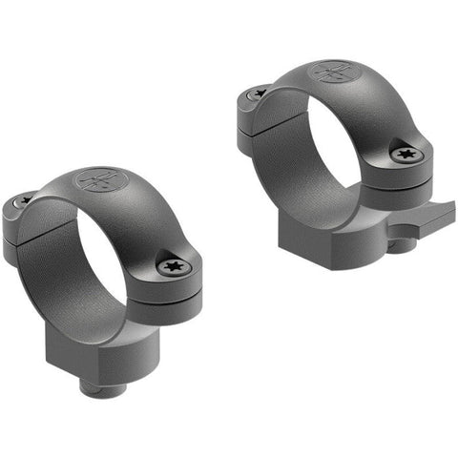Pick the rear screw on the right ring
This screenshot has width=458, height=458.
[x=260, y=93]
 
